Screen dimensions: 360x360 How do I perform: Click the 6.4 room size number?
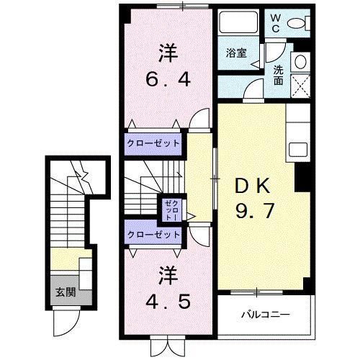click(x=170, y=80)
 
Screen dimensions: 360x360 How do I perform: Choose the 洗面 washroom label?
click(x=278, y=75)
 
